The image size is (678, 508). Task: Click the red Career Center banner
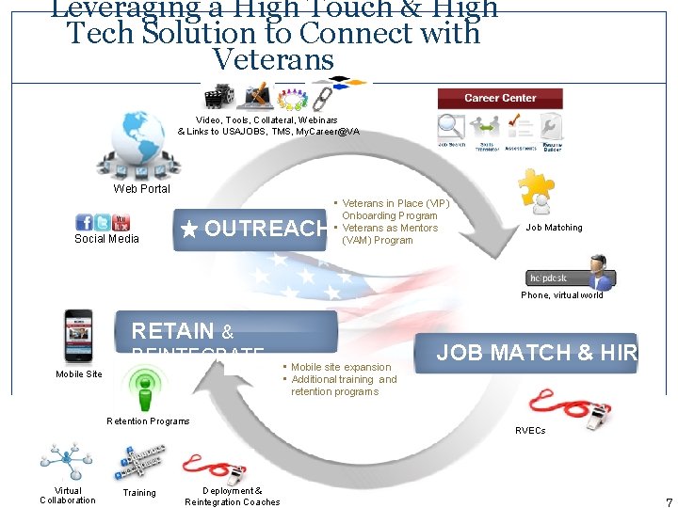click(x=500, y=99)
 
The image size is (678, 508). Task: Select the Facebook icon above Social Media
click(x=85, y=223)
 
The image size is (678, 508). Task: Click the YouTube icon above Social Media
click(x=121, y=223)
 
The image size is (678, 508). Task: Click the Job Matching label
click(x=554, y=228)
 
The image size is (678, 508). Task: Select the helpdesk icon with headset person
click(x=571, y=275)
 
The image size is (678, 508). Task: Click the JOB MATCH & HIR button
click(x=537, y=353)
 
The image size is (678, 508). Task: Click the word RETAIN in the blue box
click(x=173, y=330)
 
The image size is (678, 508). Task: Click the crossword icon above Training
click(x=139, y=462)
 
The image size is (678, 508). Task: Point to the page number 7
click(x=669, y=502)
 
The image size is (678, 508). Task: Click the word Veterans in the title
click(x=274, y=59)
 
